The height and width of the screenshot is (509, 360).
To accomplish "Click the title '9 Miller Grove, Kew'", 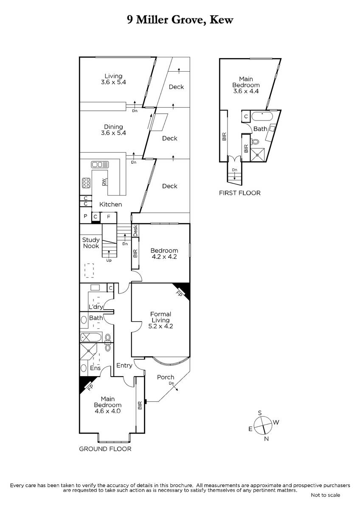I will point(180,20).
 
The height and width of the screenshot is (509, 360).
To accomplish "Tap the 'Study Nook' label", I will point(91,243).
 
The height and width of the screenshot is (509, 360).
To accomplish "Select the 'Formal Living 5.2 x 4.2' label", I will point(160,320).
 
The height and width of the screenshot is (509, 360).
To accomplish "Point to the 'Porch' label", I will point(166,377).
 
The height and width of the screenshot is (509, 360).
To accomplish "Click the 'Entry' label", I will point(124,365).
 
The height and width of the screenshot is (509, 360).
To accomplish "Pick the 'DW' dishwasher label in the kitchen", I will point(104,182).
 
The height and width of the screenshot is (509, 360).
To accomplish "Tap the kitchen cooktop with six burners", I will point(87,183).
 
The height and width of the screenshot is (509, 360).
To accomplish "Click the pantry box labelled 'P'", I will point(85,217).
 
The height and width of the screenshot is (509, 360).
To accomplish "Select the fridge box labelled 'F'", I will point(109,217).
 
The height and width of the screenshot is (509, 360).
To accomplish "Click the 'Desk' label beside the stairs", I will point(135,231).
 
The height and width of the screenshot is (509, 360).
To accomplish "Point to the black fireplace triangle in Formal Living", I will point(183,289).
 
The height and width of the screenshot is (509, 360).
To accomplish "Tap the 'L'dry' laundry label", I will point(94,307).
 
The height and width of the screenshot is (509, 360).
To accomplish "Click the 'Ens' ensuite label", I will point(95,368).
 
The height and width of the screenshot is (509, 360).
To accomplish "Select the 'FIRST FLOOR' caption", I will point(239,193).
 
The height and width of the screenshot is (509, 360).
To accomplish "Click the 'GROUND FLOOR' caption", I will point(105,449).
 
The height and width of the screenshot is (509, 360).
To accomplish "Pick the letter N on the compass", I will point(267,439).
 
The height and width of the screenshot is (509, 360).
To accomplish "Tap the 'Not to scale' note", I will point(325,495).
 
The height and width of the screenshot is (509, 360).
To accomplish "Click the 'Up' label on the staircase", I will point(109,260).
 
